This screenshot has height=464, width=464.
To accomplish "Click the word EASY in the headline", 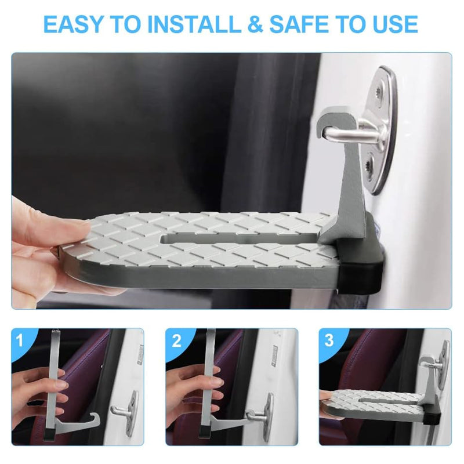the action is [74, 24].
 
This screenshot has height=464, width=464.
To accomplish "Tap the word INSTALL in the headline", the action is [194, 24].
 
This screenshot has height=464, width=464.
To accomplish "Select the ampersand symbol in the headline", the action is [255, 24].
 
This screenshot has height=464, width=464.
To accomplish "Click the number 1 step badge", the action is [20, 340].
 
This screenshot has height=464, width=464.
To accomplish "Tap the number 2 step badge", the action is [176, 340].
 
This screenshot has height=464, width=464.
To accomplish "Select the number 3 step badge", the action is [329, 340].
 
